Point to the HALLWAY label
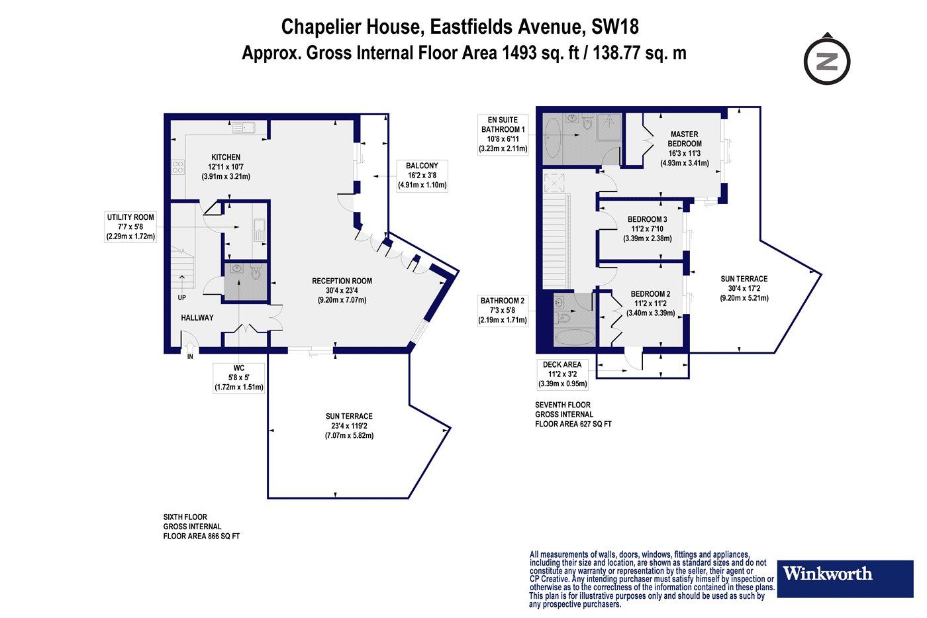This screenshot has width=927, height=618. [197, 318]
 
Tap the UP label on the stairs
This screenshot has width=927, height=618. [181, 297]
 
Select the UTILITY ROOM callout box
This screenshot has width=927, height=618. [130, 227]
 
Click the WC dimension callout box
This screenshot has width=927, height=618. [239, 378]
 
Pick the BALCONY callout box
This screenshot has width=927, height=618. [422, 176]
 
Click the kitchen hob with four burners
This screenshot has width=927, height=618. [178, 167]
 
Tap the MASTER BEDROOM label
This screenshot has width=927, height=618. [685, 139]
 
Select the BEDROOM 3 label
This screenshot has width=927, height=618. [648, 219]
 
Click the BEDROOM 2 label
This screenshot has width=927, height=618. [650, 294]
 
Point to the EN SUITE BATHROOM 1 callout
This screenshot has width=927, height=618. [503, 134]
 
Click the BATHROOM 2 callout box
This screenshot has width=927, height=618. [503, 311]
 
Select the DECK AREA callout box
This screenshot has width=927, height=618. [562, 374]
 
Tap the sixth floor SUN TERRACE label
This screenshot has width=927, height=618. [349, 417]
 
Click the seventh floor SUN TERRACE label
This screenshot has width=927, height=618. [744, 279]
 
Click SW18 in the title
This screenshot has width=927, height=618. [615, 26]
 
